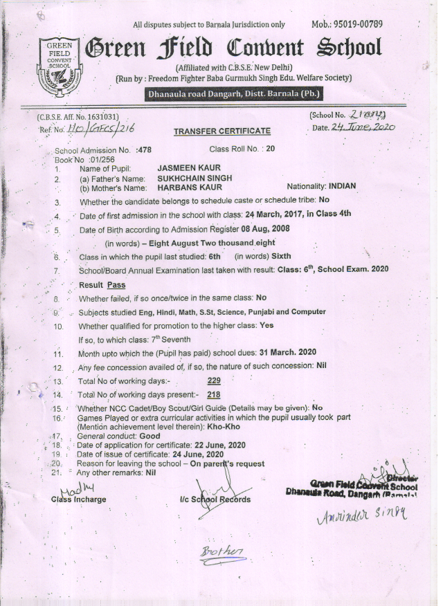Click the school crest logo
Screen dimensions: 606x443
(x=61, y=60)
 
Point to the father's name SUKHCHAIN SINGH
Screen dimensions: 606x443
(x=195, y=178)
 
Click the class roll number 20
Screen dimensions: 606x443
(x=271, y=149)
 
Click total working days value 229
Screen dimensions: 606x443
(x=215, y=381)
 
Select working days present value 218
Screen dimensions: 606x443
(x=214, y=394)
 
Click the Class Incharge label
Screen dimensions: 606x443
(x=78, y=499)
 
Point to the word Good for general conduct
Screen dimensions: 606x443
(x=150, y=437)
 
